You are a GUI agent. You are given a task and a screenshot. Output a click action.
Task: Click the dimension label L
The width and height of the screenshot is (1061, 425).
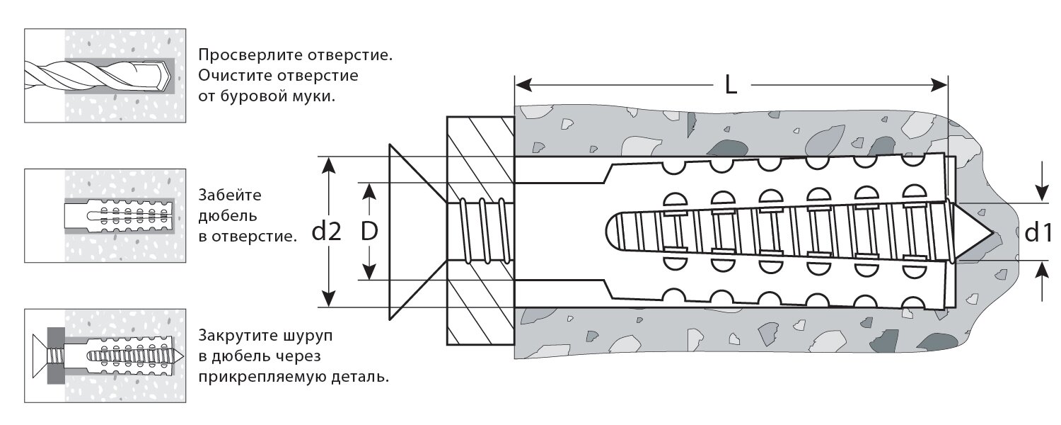click(731, 86)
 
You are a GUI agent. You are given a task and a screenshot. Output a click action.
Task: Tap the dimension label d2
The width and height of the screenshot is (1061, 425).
click(326, 232)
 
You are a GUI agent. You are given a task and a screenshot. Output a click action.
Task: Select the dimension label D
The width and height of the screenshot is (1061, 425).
click(367, 232)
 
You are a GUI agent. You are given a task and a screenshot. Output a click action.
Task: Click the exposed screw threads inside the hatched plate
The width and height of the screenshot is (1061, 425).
click(481, 232)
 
